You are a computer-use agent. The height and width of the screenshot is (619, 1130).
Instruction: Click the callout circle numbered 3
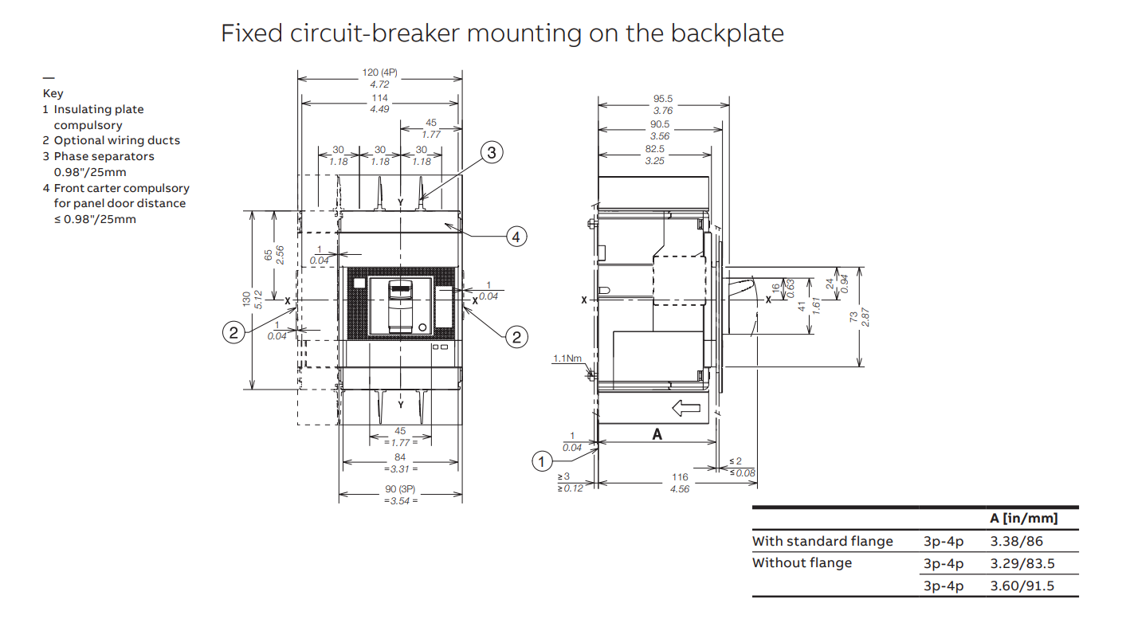pyautogui.click(x=492, y=152)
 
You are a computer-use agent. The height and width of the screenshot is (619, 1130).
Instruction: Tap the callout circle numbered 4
pyautogui.click(x=516, y=237)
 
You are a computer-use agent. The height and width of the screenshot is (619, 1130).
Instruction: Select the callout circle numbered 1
pyautogui.click(x=542, y=461)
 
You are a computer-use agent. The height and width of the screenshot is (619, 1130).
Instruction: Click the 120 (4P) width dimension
pyautogui.click(x=380, y=72)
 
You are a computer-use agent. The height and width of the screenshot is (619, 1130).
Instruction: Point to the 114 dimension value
pyautogui.click(x=380, y=98)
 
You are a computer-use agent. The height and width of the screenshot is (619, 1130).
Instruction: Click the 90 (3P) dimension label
pyautogui.click(x=400, y=489)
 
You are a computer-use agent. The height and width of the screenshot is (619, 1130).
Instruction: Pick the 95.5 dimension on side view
pyautogui.click(x=663, y=99)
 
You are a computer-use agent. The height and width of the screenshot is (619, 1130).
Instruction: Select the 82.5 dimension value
pyautogui.click(x=655, y=149)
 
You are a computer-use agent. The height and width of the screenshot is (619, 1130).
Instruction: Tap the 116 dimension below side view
pyautogui.click(x=680, y=476)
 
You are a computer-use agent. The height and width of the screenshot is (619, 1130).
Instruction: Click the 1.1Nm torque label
pyautogui.click(x=567, y=358)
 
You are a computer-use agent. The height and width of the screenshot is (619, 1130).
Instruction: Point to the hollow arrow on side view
pyautogui.click(x=686, y=408)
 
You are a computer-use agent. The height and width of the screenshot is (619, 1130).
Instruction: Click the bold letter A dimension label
pyautogui.click(x=657, y=434)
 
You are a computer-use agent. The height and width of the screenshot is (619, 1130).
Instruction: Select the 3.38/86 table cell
pyautogui.click(x=1016, y=541)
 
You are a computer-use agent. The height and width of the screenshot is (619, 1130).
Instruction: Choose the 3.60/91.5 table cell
pyautogui.click(x=1022, y=586)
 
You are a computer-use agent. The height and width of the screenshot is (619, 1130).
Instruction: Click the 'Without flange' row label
pyautogui.click(x=802, y=562)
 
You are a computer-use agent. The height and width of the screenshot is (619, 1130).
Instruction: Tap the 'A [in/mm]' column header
pyautogui.click(x=1023, y=518)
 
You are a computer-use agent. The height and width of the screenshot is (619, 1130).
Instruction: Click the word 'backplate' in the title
pyautogui.click(x=727, y=33)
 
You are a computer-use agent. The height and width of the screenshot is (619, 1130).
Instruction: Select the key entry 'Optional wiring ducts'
pyautogui.click(x=117, y=140)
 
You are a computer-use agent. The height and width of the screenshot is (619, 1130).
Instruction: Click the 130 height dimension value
pyautogui.click(x=247, y=300)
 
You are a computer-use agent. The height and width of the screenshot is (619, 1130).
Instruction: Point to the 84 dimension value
pyautogui.click(x=400, y=457)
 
